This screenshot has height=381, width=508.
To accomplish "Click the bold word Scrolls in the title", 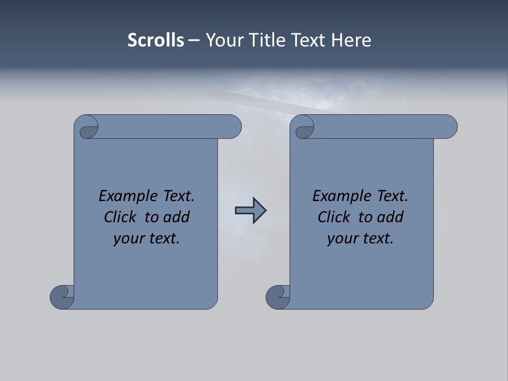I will tap(156, 40).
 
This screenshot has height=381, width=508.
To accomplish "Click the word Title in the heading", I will tap(265, 40).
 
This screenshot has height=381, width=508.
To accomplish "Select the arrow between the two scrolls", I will tap(250, 211).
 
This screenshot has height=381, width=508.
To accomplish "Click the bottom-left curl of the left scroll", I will tap(61, 296).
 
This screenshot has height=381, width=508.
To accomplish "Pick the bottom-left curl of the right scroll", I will tap(277, 296).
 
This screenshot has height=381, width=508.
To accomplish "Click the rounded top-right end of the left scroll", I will tap(233, 127).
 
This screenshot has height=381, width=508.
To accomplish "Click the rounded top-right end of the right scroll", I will tap(449, 127).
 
